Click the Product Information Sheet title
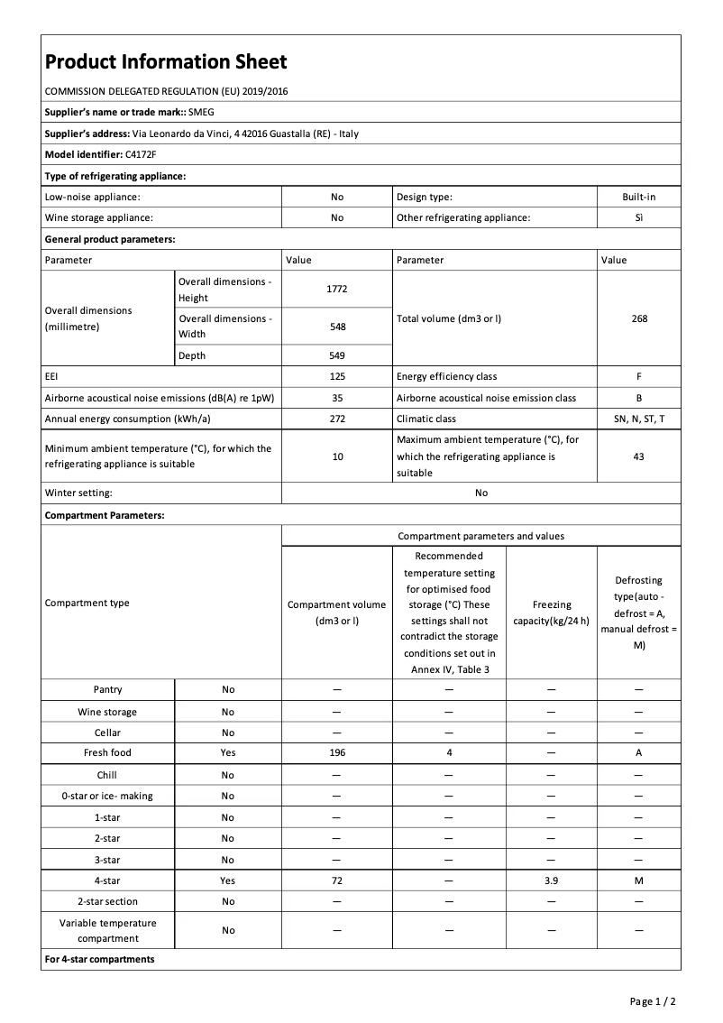pyautogui.click(x=166, y=62)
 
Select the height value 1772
pyautogui.click(x=337, y=289)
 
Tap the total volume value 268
pyautogui.click(x=639, y=318)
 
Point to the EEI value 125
pyautogui.click(x=337, y=376)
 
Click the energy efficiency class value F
pyautogui.click(x=639, y=376)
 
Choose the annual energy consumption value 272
pyautogui.click(x=337, y=419)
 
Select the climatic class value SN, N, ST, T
pyautogui.click(x=639, y=419)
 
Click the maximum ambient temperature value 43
pyautogui.click(x=639, y=456)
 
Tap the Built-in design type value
pyautogui.click(x=639, y=196)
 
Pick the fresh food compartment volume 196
pyautogui.click(x=337, y=752)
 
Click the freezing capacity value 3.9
pyautogui.click(x=551, y=880)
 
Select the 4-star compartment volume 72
pyautogui.click(x=337, y=880)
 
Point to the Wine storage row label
pyautogui.click(x=107, y=712)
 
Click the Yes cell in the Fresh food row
pyautogui.click(x=227, y=752)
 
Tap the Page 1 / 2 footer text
pyautogui.click(x=653, y=1001)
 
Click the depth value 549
pyautogui.click(x=337, y=355)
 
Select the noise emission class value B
pyautogui.click(x=639, y=398)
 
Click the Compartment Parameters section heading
pyautogui.click(x=105, y=515)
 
